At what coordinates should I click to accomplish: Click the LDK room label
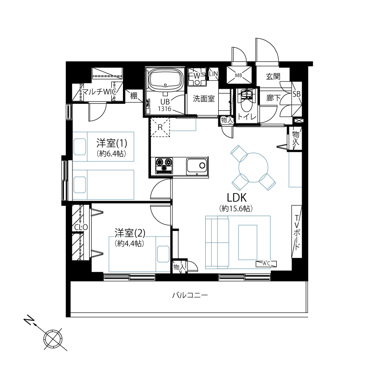point(237,197)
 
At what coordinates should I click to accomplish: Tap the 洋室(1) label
point(112,143)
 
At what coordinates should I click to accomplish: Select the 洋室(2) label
point(130,233)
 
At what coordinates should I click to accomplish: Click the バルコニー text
point(190,295)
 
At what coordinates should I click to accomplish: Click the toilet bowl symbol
point(246,102)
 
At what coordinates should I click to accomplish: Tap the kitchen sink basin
point(197,165)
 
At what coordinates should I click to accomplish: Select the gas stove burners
point(164,165)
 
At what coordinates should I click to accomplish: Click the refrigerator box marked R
point(160,127)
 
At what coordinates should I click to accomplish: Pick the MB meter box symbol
point(239,75)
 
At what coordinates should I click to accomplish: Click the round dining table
point(253,167)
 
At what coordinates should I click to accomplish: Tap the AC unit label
point(266,264)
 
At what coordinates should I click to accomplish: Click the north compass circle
point(53,338)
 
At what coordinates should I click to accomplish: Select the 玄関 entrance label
point(273,76)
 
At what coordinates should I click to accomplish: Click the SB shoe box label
point(296,94)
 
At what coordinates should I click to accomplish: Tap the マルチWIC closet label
point(99,92)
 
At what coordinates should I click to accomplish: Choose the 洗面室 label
point(204,99)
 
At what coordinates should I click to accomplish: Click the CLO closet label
point(81,227)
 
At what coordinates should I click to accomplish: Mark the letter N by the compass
point(29,320)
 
